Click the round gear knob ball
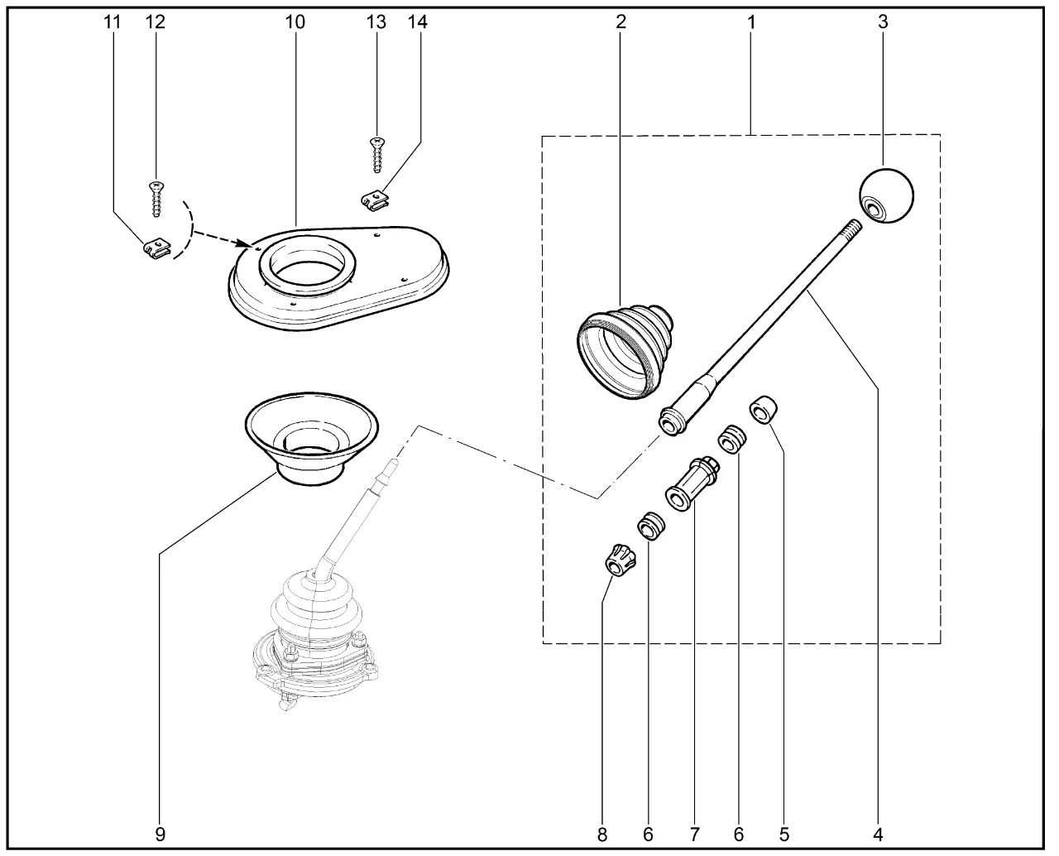click(887, 195)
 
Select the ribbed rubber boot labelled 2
click(626, 349)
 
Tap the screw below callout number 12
click(155, 199)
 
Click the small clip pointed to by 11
click(155, 248)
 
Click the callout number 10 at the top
click(295, 22)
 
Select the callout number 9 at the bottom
click(160, 834)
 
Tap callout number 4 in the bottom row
click(878, 834)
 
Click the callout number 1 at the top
click(751, 22)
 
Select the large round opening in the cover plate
click(307, 266)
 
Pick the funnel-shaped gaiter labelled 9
click(311, 436)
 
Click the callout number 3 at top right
click(883, 22)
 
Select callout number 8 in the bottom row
click(602, 834)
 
